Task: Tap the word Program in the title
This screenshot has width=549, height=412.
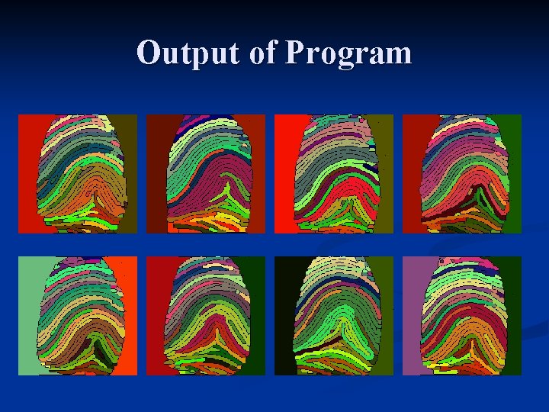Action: click(349, 53)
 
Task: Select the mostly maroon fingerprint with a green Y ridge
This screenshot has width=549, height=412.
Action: click(207, 174)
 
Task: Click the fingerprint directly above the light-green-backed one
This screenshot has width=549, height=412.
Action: click(79, 174)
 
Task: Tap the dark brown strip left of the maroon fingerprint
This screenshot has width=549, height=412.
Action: click(155, 174)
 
